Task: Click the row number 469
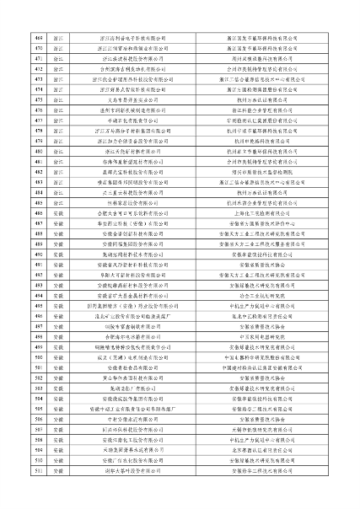tap(39, 39)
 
